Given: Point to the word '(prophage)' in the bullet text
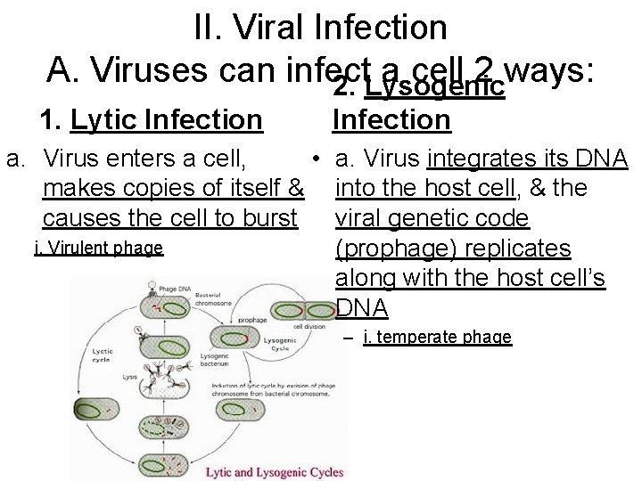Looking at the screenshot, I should pos(389,248).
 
